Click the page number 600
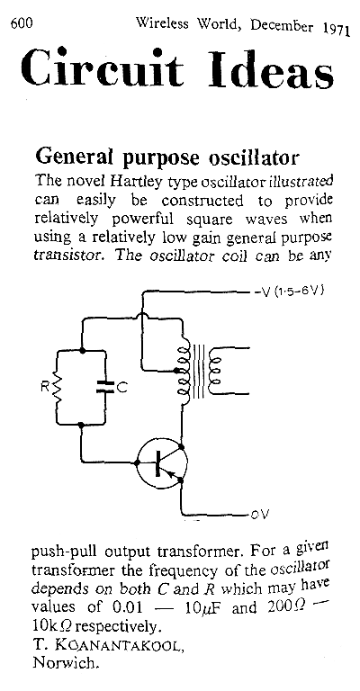(22, 23)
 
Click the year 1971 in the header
(336, 29)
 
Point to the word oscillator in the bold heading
(254, 157)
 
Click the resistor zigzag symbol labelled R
(58, 388)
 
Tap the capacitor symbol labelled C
(105, 388)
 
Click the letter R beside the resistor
(45, 388)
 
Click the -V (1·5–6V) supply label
(289, 292)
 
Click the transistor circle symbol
(162, 462)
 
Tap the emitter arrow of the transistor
(175, 475)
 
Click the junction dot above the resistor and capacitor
(82, 351)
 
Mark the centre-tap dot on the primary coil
(176, 370)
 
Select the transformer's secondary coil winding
(215, 370)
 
